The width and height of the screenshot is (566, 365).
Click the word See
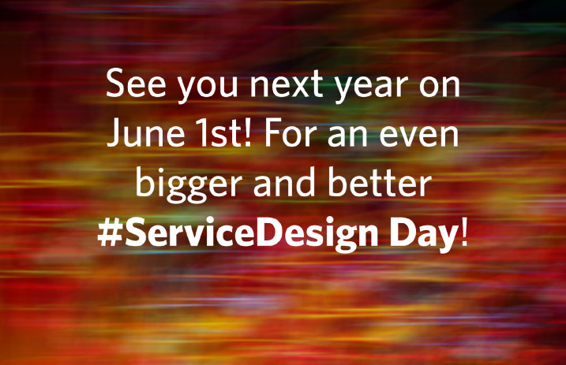[x=136, y=84]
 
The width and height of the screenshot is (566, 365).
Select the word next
[x=287, y=84]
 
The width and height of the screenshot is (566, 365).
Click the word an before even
[x=347, y=136]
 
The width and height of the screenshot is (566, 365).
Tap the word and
[x=284, y=182]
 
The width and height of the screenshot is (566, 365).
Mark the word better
[x=380, y=182]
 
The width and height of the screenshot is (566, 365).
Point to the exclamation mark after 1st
[x=247, y=133]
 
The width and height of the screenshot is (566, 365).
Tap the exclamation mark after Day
[x=464, y=233]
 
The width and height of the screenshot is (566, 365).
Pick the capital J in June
[x=114, y=133]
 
